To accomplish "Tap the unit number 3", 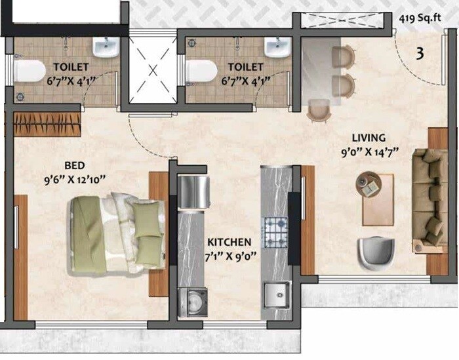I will [419, 53].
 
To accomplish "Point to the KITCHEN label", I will [229, 241].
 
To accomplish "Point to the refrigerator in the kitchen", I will [193, 190].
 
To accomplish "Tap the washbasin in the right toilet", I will [277, 47].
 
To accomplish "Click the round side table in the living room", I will [369, 183].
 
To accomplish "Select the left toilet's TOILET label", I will [71, 67].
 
